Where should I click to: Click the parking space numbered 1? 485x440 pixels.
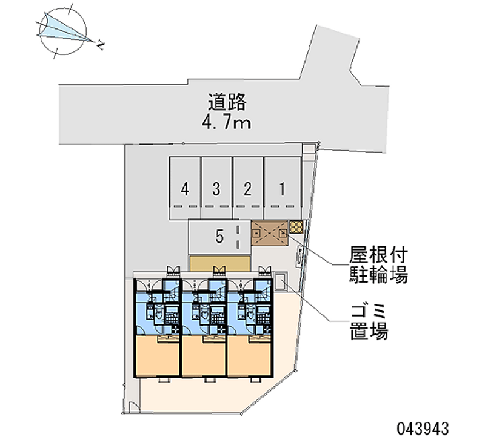(282, 188)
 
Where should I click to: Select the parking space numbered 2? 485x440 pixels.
(247, 188)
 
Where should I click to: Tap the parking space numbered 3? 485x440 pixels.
(216, 188)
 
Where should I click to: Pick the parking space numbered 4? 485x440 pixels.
(185, 188)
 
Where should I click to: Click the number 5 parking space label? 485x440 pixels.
(219, 238)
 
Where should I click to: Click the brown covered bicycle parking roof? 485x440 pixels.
(269, 233)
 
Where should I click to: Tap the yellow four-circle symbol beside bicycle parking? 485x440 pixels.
(296, 227)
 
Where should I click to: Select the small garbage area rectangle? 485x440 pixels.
(281, 281)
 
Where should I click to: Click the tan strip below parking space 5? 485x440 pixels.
(219, 263)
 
